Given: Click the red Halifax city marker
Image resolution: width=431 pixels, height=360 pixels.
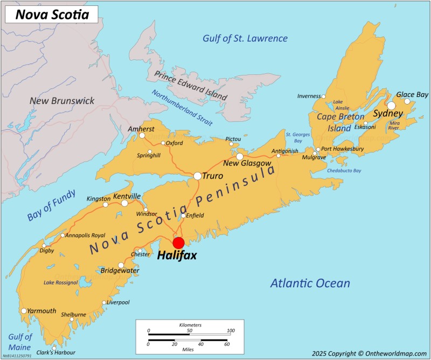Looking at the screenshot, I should [x=178, y=243].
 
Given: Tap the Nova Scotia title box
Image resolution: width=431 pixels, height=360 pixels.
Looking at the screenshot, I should [x=52, y=15].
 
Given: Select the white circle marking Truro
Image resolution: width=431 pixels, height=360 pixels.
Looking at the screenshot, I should [x=198, y=176].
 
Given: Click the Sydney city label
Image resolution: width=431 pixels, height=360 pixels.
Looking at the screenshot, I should [x=388, y=114].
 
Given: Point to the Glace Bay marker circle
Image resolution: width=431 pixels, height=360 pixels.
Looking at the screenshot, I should [x=407, y=101].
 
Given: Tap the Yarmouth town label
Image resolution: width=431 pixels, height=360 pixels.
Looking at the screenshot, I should [x=42, y=310].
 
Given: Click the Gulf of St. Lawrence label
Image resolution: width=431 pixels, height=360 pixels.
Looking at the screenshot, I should [x=245, y=38].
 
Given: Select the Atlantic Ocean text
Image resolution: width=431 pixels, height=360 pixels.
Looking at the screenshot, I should [x=310, y=283].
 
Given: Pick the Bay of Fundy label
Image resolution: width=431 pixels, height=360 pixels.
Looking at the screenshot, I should [x=52, y=206].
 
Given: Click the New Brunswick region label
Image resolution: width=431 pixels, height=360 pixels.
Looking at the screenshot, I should [x=62, y=101].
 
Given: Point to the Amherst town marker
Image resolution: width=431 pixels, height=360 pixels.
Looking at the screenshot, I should [x=142, y=136].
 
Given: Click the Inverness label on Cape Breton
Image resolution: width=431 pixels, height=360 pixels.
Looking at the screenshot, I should [x=309, y=96].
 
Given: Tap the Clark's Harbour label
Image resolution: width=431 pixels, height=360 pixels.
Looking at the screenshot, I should [x=55, y=352].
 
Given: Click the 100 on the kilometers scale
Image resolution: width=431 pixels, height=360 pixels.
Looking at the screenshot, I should [x=231, y=331].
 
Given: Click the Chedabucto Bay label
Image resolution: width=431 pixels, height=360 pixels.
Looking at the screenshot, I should [x=344, y=171].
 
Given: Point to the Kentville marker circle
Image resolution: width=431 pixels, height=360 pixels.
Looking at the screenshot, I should [x=125, y=203].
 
